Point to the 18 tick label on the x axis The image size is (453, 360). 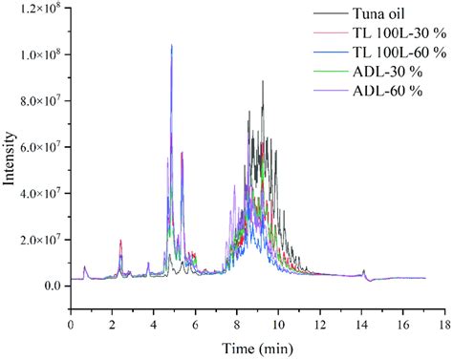[x=444, y=326]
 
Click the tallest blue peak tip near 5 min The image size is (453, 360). [x=171, y=45]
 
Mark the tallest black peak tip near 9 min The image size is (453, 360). [x=262, y=81]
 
